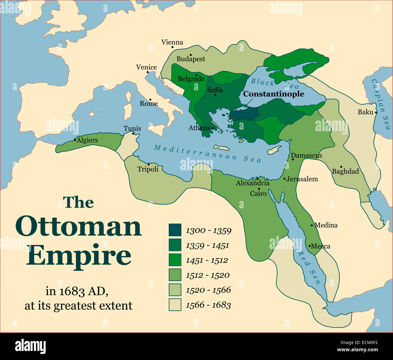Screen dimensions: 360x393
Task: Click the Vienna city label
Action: click(x=172, y=42)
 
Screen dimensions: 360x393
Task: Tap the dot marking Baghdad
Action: click(x=341, y=167)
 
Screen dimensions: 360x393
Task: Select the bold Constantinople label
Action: click(x=274, y=94)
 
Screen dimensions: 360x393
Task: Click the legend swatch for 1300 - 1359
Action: click(x=175, y=230)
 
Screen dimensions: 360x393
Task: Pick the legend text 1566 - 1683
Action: click(x=208, y=305)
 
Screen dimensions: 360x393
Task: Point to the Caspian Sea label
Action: click(x=381, y=104)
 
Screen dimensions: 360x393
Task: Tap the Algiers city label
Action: click(x=87, y=140)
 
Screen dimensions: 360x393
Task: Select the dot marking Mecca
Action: click(x=310, y=246)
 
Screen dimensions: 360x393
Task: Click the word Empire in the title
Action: click(x=79, y=255)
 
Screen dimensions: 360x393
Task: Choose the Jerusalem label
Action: click(x=302, y=179)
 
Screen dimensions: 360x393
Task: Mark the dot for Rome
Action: click(x=150, y=99)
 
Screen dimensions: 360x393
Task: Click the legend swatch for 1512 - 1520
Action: click(x=175, y=275)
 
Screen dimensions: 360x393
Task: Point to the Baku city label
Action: click(x=365, y=112)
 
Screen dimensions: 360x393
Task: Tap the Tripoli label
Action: click(x=148, y=169)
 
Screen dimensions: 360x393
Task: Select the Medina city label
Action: click(x=326, y=225)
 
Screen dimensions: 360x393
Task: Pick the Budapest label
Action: click(x=191, y=59)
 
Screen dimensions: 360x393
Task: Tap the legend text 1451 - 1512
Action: click(x=207, y=260)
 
